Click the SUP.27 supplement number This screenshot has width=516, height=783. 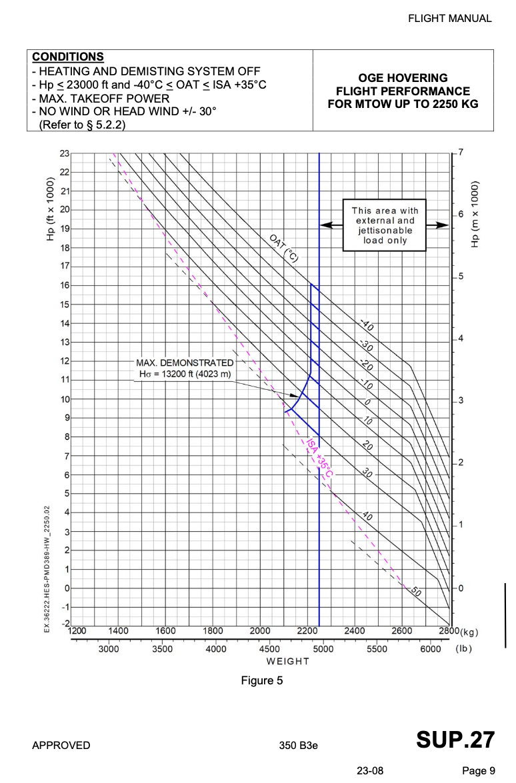click(455, 740)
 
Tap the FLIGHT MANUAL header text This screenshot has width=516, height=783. click(450, 19)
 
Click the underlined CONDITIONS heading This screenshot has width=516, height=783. click(68, 57)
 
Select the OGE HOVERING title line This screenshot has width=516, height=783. click(403, 78)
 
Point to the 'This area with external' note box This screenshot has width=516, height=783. click(385, 225)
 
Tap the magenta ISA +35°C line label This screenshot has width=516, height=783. click(320, 458)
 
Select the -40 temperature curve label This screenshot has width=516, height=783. click(367, 326)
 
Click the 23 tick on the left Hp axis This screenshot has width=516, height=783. click(64, 153)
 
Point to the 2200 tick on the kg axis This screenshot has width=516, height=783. click(307, 631)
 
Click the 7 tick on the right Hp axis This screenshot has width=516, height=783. click(460, 153)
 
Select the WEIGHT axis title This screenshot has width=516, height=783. click(287, 661)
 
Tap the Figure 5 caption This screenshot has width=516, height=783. click(262, 680)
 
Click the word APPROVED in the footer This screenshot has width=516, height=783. click(61, 745)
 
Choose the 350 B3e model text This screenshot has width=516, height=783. click(299, 745)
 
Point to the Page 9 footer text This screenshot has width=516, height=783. click(478, 770)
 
